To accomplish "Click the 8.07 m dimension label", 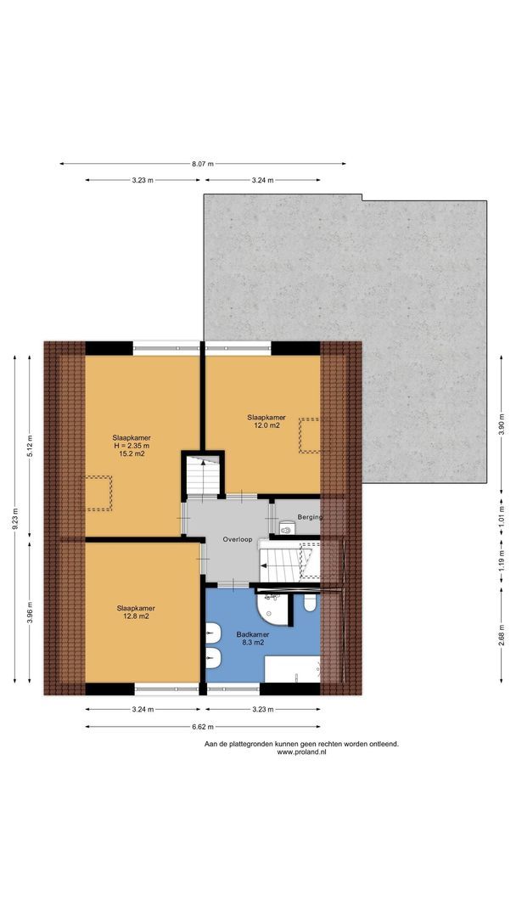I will [203, 164].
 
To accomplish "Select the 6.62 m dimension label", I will [203, 727].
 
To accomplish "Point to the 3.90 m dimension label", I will [502, 425].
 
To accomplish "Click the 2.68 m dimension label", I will [502, 636].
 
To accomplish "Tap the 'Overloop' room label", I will [238, 540].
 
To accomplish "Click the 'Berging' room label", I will [311, 516].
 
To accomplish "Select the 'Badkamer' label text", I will [253, 634].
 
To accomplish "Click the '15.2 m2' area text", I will [132, 453].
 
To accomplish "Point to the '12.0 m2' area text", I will [266, 426].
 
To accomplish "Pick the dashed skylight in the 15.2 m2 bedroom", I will [99, 493].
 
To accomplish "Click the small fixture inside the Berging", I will [286, 527].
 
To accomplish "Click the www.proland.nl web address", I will [301, 752].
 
